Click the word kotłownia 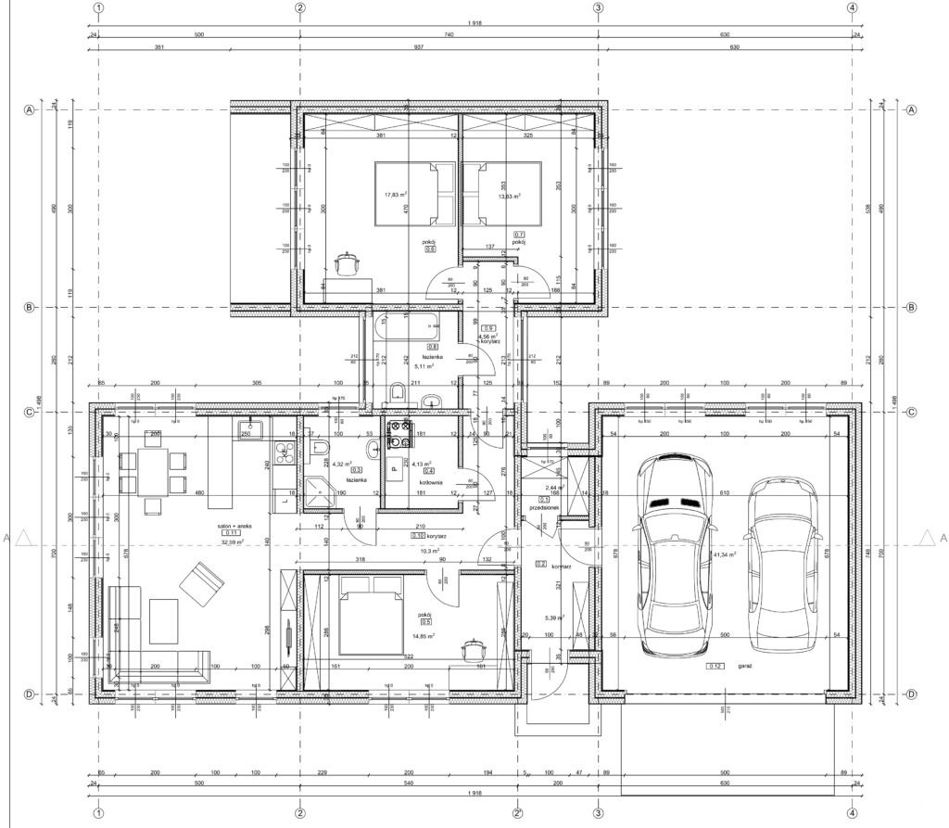(429, 482)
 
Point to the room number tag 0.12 (715, 666)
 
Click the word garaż (744, 666)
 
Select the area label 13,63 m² (507, 196)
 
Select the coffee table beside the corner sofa (163, 621)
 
